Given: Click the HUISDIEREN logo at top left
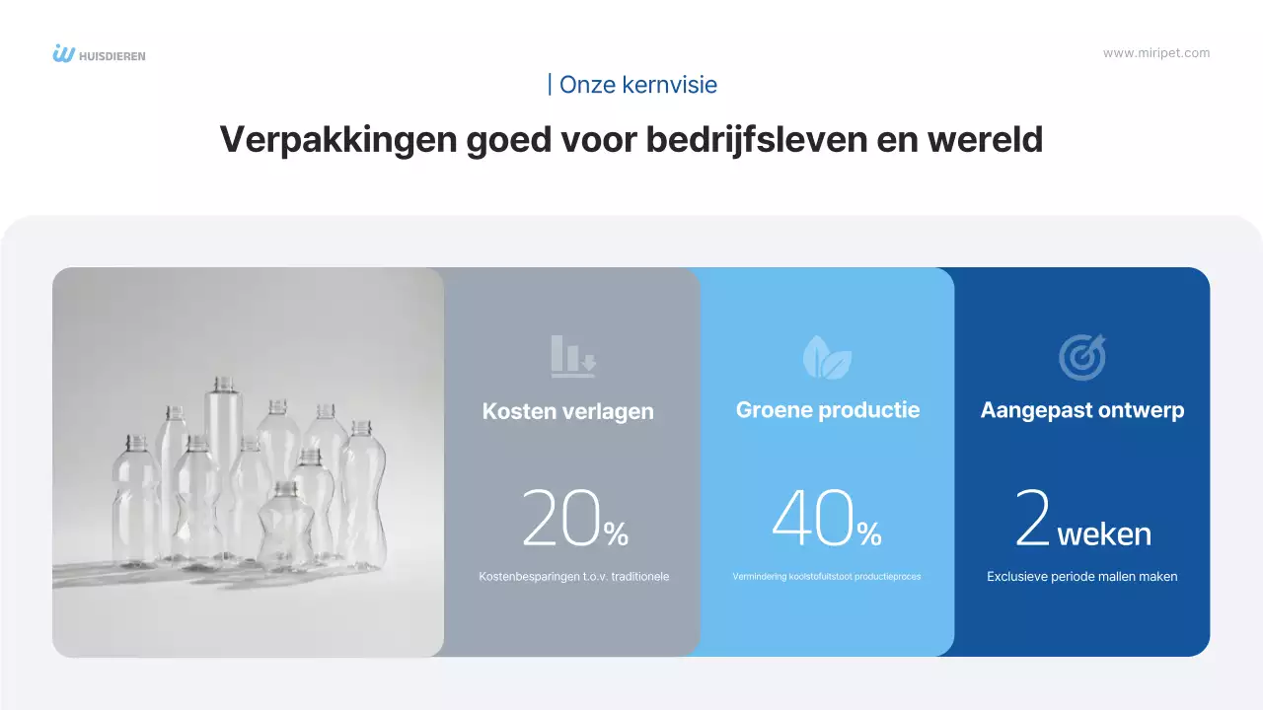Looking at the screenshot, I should pyautogui.click(x=99, y=54).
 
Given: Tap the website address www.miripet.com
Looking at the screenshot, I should pyautogui.click(x=1155, y=53).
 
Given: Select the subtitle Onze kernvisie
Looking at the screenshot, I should pyautogui.click(x=632, y=85).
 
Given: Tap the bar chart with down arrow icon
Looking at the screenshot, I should pyautogui.click(x=573, y=356).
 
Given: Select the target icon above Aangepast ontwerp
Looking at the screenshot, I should pyautogui.click(x=1081, y=356).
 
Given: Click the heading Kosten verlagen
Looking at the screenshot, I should pyautogui.click(x=567, y=411).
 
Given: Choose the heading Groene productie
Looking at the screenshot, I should pyautogui.click(x=827, y=409).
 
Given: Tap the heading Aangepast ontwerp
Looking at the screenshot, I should pyautogui.click(x=1081, y=409).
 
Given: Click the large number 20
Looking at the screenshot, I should pyautogui.click(x=560, y=519).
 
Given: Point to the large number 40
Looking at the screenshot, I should pyautogui.click(x=812, y=519).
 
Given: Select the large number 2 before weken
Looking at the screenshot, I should pyautogui.click(x=1031, y=520).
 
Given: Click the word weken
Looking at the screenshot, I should pyautogui.click(x=1103, y=534).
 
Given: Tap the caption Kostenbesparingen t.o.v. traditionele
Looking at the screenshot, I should pyautogui.click(x=573, y=577).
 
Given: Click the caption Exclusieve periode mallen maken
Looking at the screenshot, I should pyautogui.click(x=1081, y=577).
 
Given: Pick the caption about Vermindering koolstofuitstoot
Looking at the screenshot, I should pyautogui.click(x=827, y=577).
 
